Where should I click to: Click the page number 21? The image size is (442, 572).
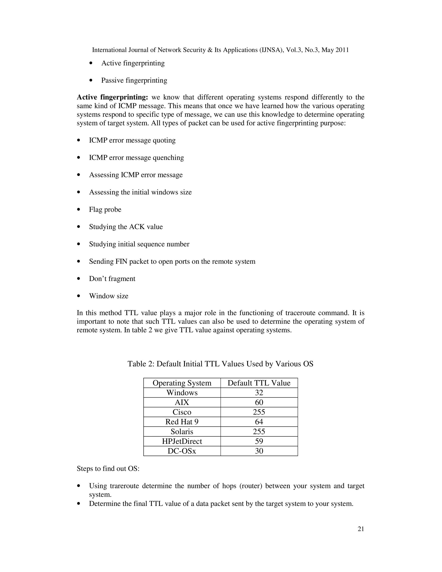coord(361,529)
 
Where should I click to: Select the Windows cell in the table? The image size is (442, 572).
coord(182,393)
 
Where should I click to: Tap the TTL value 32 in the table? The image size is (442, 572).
coord(259,393)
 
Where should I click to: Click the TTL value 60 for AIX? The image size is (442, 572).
coord(259,402)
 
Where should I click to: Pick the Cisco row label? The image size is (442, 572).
coord(182,412)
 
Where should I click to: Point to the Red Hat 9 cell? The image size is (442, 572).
coord(182,422)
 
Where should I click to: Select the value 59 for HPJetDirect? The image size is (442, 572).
coord(259,441)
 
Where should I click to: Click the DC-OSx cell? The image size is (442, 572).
coord(182,451)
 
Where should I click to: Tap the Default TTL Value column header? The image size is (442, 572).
coord(259,383)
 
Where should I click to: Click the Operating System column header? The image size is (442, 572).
coord(182,383)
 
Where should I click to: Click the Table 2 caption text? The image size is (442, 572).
coord(220,364)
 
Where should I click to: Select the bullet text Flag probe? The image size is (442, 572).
coord(105,210)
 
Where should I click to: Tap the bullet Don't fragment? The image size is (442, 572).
coord(112,279)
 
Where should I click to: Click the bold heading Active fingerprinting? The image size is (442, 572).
coord(112,97)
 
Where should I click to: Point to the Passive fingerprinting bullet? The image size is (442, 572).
coord(134,81)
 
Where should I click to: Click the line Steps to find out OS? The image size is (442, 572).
coord(108,469)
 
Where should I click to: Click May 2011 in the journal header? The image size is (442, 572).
coord(335,50)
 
